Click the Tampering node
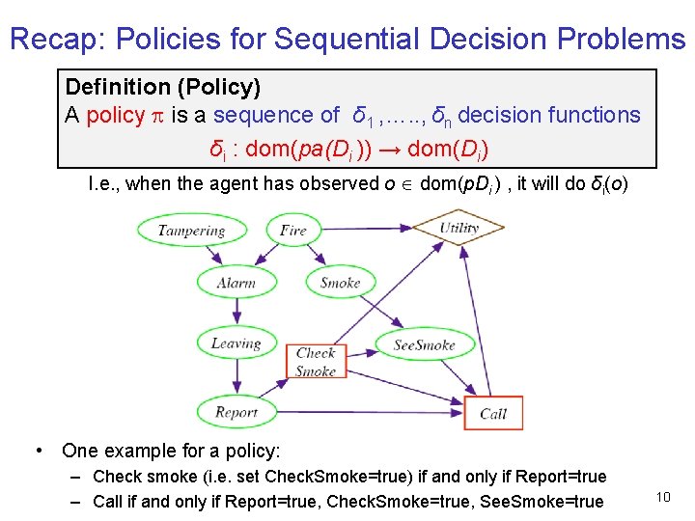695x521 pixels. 191,231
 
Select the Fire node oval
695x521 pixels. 292,230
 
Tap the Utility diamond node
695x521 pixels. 459,229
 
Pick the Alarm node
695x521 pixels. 236,282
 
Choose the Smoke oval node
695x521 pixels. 340,282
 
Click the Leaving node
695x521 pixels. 236,343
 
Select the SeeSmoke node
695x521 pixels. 425,344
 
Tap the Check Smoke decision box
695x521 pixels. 316,362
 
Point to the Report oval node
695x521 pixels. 236,412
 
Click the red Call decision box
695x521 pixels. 493,413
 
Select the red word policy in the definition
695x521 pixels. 115,115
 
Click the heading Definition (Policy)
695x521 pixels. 162,87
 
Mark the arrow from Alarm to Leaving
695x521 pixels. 236,312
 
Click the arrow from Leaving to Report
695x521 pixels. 236,377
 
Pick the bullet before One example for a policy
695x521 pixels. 37,451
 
